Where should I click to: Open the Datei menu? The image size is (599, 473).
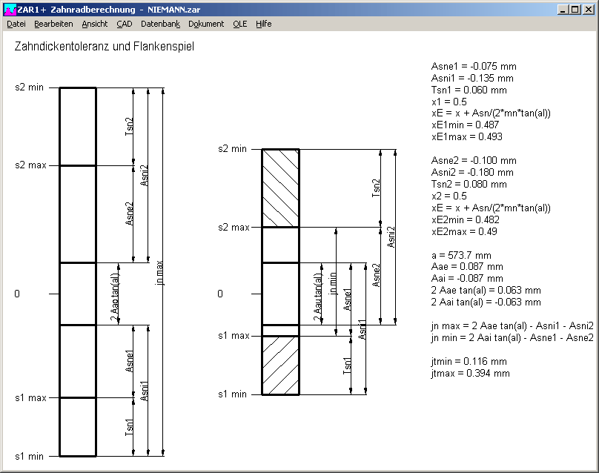[16, 24]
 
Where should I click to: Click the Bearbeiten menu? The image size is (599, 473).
[53, 24]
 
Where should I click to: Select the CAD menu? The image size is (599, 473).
[125, 24]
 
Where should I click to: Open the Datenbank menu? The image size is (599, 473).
[160, 24]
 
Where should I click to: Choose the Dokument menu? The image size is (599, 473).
[206, 24]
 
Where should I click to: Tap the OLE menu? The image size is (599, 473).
[240, 24]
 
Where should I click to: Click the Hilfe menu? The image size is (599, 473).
[264, 24]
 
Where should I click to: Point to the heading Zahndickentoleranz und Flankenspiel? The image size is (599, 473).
[105, 47]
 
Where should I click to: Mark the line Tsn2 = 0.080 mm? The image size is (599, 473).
[469, 185]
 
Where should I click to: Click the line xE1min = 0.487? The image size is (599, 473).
[466, 125]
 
